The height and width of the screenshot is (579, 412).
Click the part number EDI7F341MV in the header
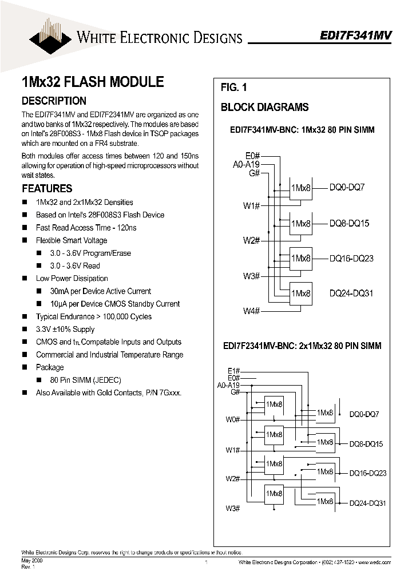point(355,35)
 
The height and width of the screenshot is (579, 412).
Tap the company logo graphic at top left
point(51,33)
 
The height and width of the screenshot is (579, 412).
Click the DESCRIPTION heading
point(54,101)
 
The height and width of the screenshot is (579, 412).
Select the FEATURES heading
point(47,188)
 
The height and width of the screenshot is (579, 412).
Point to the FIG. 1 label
point(233,88)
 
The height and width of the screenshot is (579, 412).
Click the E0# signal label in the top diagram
point(252,156)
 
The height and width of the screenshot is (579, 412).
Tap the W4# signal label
point(251,311)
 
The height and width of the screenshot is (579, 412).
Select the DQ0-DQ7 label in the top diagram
point(347,188)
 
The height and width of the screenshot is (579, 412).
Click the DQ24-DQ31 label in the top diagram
point(351,293)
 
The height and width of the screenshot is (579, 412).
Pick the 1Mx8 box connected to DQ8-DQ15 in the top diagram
point(301,224)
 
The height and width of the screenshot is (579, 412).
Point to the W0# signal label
point(232,419)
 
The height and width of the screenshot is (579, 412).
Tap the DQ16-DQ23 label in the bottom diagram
point(368,473)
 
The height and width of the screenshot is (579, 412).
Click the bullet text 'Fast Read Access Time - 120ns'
point(86,228)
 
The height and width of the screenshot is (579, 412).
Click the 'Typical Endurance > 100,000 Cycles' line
point(93,316)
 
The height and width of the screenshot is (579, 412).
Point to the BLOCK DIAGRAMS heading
point(264,107)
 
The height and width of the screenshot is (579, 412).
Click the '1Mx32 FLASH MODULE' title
point(92,82)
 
